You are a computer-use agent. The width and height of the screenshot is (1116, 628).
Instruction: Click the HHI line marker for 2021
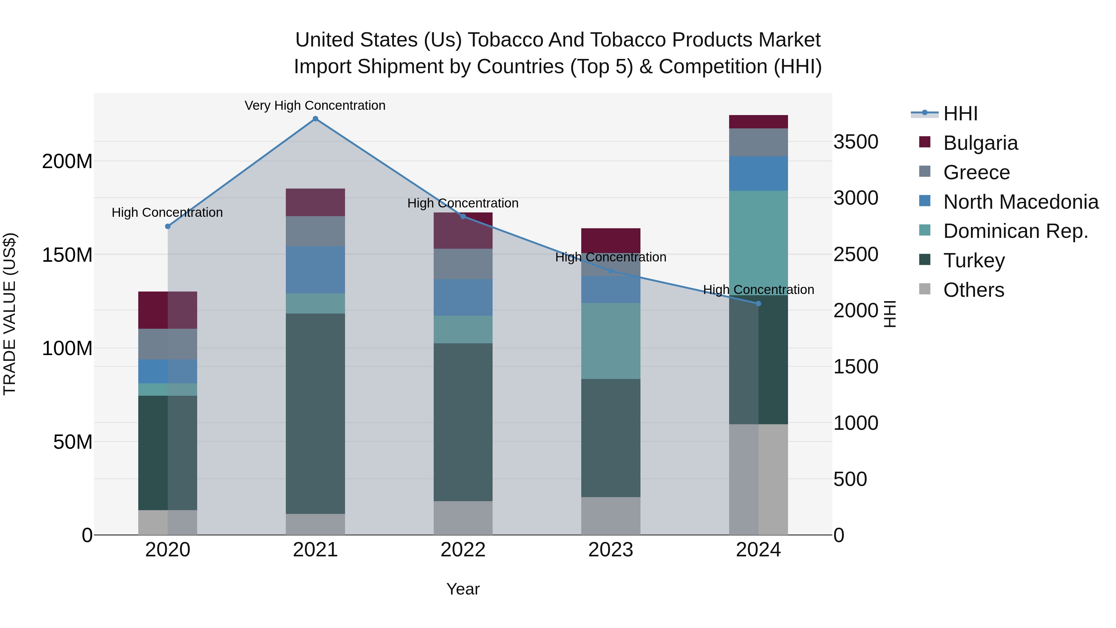click(x=315, y=119)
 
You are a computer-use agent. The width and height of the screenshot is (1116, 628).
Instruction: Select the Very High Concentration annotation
click(x=315, y=105)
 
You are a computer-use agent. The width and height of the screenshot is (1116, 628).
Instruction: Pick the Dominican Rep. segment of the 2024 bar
click(x=758, y=243)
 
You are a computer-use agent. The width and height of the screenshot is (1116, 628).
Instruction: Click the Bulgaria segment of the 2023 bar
click(x=610, y=240)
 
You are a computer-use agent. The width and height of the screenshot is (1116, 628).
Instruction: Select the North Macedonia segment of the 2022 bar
click(x=463, y=297)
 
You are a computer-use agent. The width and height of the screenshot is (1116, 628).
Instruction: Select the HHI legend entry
click(x=960, y=114)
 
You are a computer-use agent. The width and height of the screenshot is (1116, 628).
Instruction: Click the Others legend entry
click(x=973, y=290)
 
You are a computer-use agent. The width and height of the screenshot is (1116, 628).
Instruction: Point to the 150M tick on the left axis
click(x=67, y=255)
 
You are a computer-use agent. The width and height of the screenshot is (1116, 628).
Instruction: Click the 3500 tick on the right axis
click(x=856, y=142)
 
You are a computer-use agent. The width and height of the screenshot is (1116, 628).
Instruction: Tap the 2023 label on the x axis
click(x=610, y=550)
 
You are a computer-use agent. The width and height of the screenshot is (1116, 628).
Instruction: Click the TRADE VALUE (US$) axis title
click(x=10, y=314)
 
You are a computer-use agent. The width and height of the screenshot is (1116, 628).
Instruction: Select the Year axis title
click(x=463, y=589)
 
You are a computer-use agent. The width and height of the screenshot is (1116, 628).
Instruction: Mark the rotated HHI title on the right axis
click(x=889, y=314)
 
